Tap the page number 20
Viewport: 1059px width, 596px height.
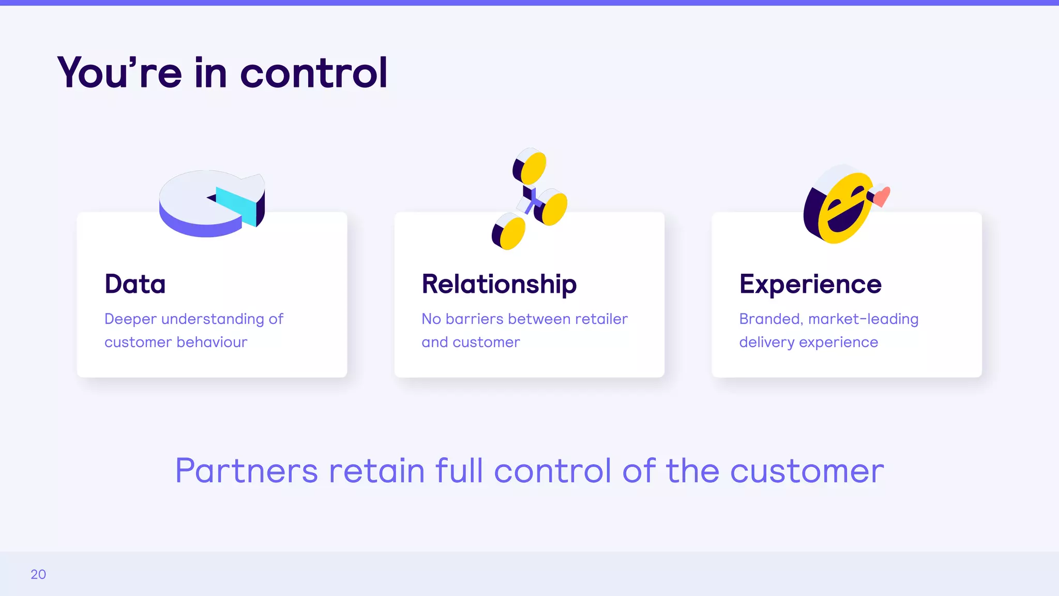pos(38,574)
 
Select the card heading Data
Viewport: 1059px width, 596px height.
pos(135,284)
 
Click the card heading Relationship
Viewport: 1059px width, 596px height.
pos(499,285)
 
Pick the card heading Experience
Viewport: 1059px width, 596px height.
pos(810,284)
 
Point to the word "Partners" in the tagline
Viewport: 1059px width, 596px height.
pos(246,471)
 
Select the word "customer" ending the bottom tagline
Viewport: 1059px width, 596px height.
pos(807,471)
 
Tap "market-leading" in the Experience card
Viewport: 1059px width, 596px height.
pos(863,319)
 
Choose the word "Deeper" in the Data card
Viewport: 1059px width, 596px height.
pos(130,319)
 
